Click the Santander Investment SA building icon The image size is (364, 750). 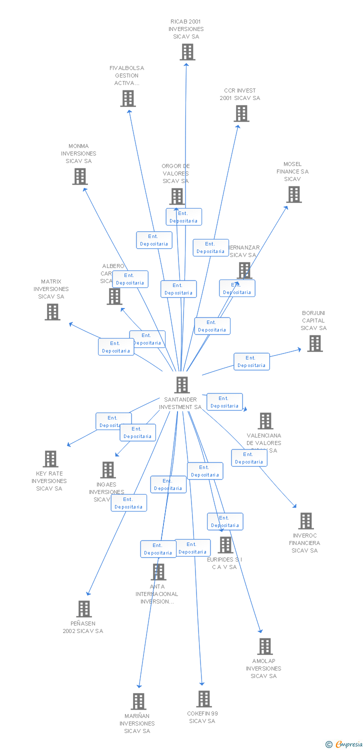[x=182, y=385]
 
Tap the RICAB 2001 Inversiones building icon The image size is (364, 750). [x=187, y=52]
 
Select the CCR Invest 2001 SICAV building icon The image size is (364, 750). [x=241, y=113]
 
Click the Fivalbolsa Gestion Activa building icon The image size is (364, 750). [x=128, y=98]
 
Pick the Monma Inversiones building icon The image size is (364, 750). [x=80, y=176]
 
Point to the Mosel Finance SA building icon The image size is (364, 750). [x=294, y=194]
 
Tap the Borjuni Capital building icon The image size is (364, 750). [x=315, y=343]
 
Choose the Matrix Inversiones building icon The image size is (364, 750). [x=52, y=312]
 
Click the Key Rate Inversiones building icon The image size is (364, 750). [x=50, y=459]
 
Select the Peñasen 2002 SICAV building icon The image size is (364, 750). [x=84, y=609]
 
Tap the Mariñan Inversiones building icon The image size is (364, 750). [x=138, y=701]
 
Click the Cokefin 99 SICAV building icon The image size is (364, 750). [x=204, y=699]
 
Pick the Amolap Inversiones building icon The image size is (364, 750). [x=265, y=646]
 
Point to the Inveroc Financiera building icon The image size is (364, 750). [x=306, y=521]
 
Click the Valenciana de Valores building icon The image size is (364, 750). [x=265, y=421]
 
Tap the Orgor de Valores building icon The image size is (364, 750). [x=177, y=196]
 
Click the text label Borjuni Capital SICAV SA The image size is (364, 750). [x=313, y=320]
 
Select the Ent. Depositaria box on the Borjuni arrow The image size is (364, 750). [x=251, y=361]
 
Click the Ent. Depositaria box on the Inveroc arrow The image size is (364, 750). [x=249, y=458]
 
